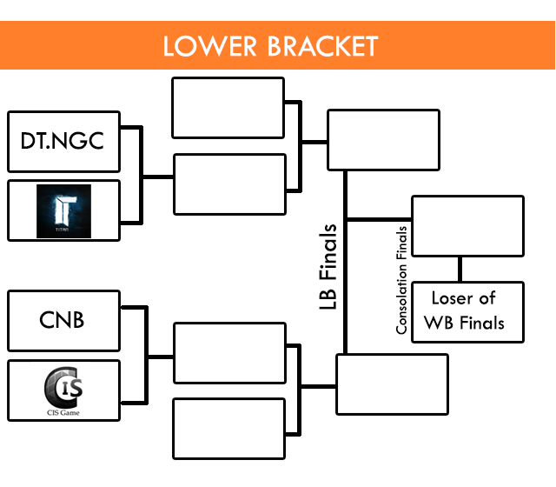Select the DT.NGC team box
tap(63, 141)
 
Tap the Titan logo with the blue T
tap(63, 210)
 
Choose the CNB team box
tap(63, 321)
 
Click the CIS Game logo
tap(63, 385)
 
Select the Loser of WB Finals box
tap(468, 311)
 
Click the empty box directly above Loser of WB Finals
tap(467, 226)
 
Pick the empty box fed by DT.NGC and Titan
tap(230, 183)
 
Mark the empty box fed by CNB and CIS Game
tap(230, 353)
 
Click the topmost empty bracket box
tap(228, 108)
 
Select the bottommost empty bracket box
tap(229, 428)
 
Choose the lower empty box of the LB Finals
tap(392, 384)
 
